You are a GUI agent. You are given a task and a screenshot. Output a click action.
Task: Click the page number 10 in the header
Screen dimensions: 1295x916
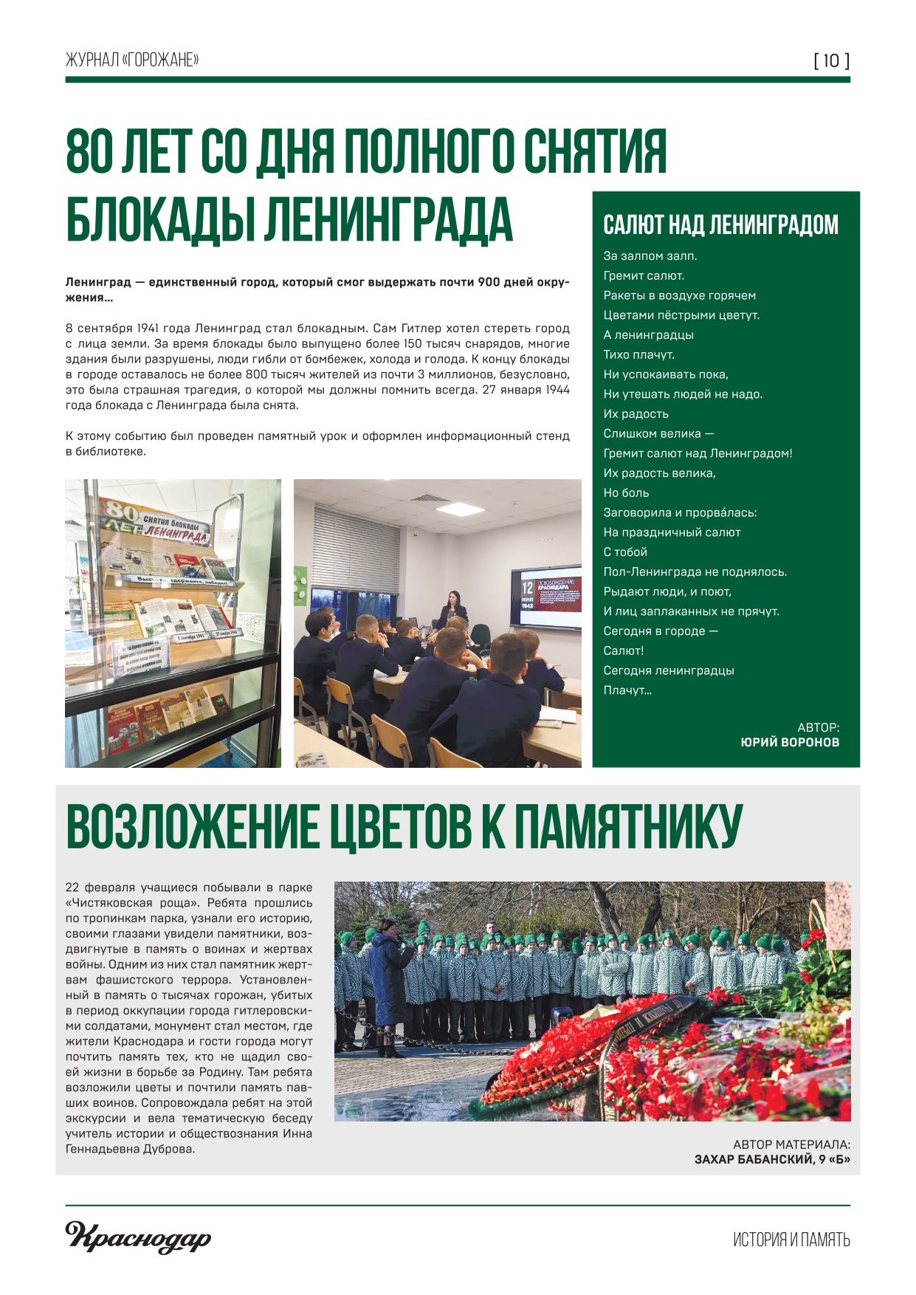click(831, 61)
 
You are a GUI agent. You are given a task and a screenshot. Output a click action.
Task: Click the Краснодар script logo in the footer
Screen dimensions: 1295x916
click(138, 1237)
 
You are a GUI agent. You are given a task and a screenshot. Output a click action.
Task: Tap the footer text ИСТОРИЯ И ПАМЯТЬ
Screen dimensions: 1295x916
click(791, 1240)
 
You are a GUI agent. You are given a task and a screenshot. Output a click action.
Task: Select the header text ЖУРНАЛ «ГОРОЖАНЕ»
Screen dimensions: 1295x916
click(132, 60)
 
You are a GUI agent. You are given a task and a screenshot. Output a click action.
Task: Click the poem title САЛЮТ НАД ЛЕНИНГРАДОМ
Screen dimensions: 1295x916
click(720, 225)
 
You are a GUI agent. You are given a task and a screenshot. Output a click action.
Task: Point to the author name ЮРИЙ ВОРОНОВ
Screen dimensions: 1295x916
click(790, 743)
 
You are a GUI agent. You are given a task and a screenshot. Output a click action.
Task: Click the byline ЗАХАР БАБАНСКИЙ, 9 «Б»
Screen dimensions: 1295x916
click(772, 1160)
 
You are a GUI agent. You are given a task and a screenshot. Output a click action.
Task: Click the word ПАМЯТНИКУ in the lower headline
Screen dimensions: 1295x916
click(627, 828)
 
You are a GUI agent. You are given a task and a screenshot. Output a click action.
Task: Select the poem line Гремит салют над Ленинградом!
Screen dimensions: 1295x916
click(698, 453)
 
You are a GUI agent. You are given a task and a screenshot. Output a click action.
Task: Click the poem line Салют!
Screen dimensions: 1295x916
click(624, 650)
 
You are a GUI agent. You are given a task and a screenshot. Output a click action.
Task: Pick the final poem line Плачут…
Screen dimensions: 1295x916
click(627, 690)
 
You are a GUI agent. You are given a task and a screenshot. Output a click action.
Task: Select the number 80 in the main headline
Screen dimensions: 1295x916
click(91, 151)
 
